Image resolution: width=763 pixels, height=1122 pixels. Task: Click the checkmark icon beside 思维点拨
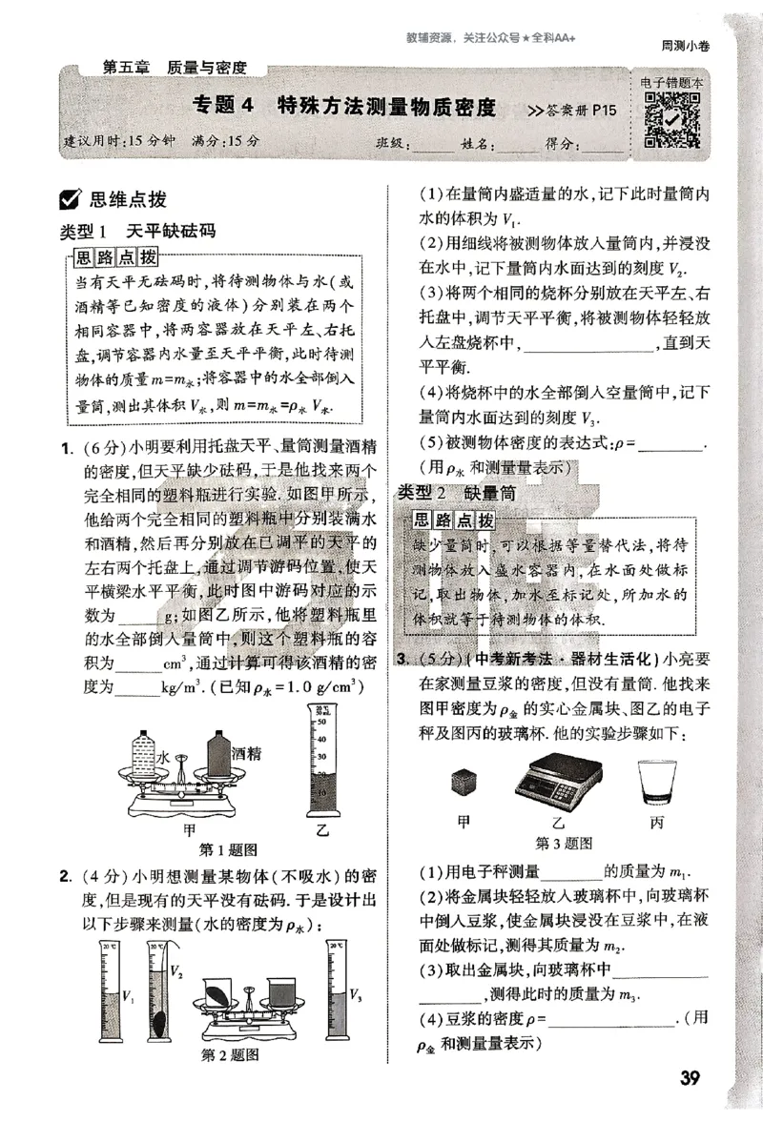click(69, 199)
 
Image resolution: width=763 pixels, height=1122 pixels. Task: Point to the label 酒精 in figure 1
click(246, 753)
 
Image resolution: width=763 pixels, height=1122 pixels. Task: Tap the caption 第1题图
click(227, 850)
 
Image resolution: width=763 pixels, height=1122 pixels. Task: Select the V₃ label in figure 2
click(355, 996)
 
